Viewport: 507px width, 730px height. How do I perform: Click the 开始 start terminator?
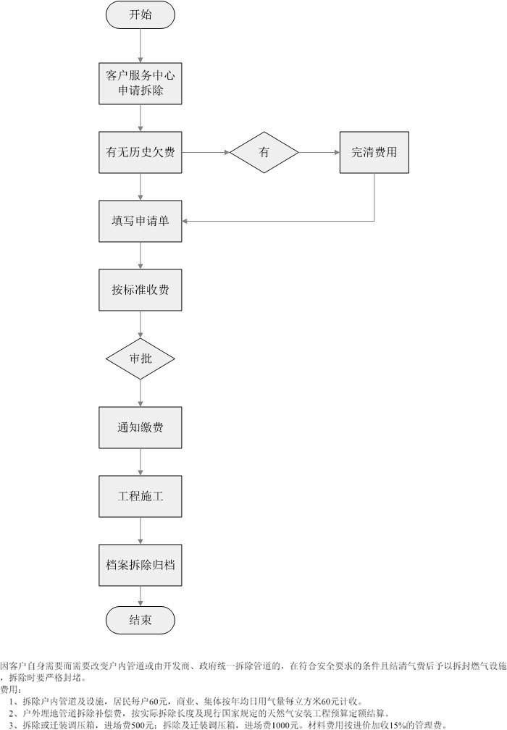[140, 14]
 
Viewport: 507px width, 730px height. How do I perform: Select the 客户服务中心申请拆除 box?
[140, 83]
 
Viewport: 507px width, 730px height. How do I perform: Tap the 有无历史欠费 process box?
[140, 152]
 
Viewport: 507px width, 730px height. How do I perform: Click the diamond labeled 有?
[264, 152]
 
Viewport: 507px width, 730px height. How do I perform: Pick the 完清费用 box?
[374, 152]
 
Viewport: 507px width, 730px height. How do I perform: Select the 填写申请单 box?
[140, 221]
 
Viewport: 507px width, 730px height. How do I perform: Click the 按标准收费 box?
[140, 290]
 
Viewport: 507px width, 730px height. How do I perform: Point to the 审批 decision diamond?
[140, 358]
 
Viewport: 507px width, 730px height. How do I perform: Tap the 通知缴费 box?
[140, 427]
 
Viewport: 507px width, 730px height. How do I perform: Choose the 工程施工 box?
[140, 496]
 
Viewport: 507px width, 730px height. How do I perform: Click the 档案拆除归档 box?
[140, 565]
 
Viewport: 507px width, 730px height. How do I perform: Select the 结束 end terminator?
[140, 619]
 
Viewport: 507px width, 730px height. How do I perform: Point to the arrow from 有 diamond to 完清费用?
[319, 152]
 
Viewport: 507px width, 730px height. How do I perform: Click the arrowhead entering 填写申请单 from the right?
[185, 221]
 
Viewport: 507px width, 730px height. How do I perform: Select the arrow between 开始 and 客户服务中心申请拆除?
[140, 46]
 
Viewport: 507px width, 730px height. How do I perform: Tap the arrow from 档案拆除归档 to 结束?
[140, 595]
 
